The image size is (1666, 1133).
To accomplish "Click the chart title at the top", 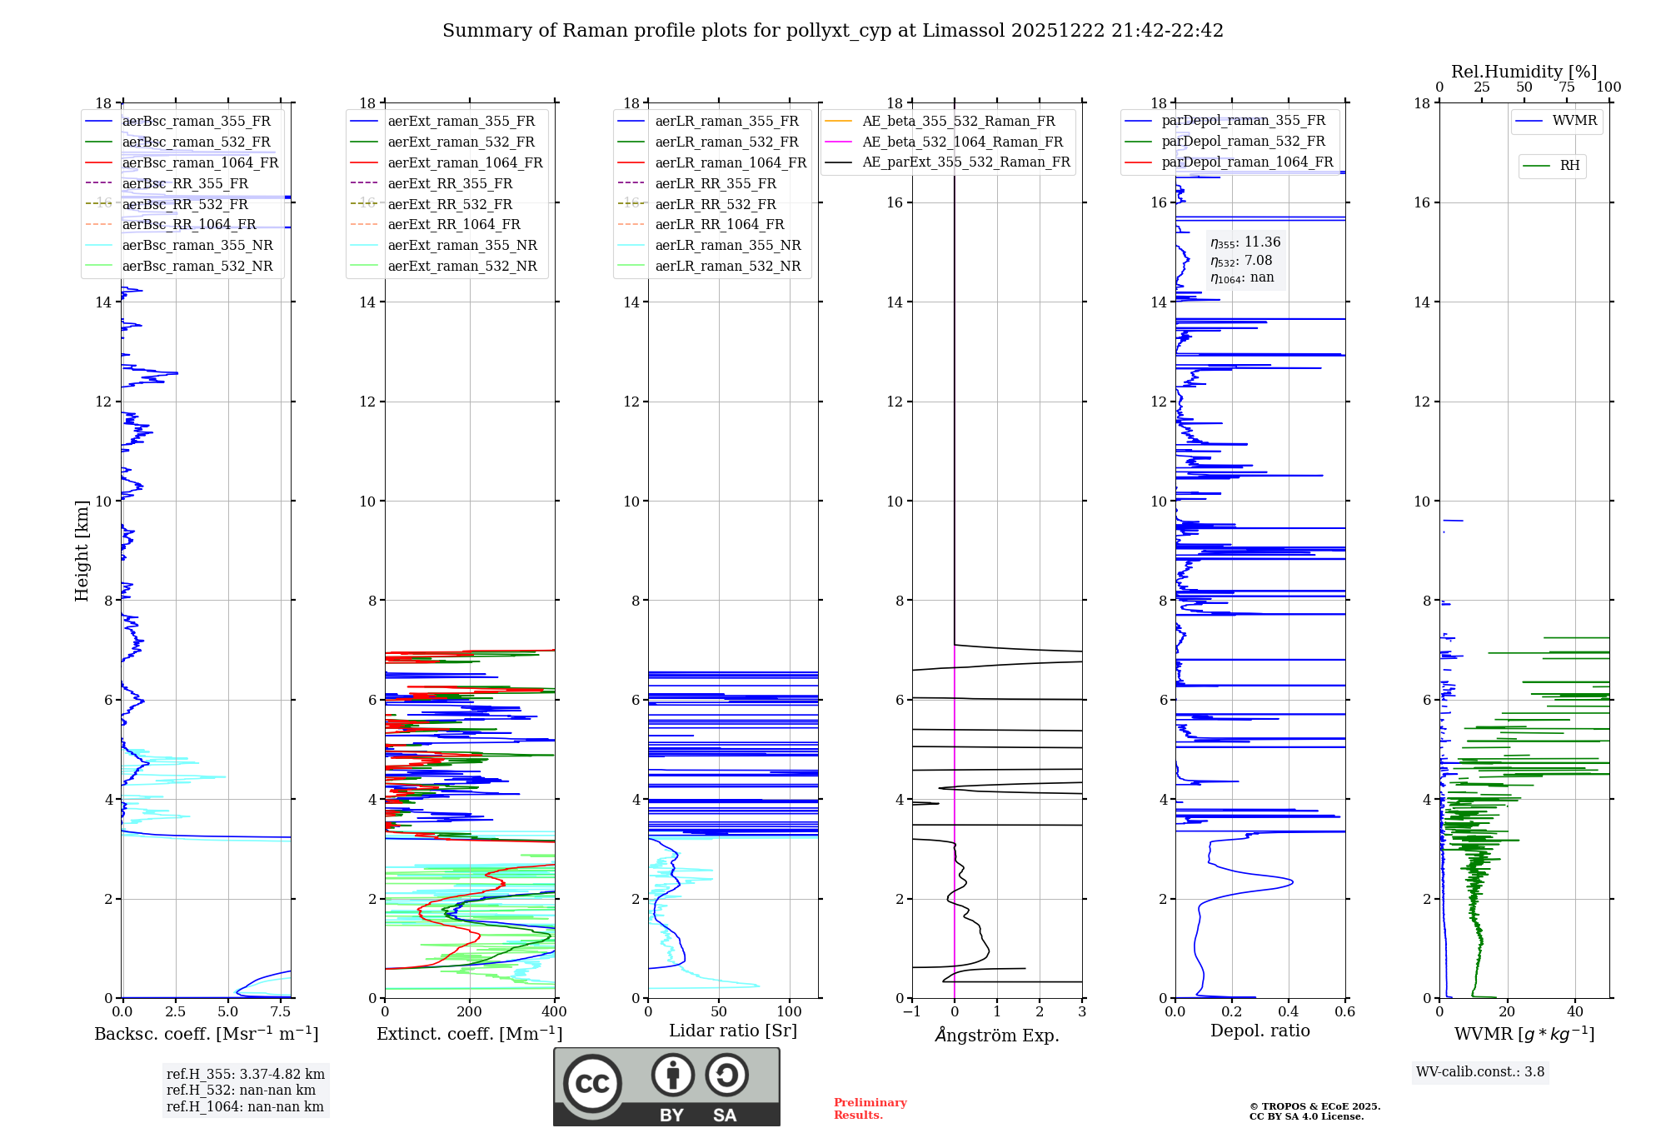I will pyautogui.click(x=833, y=31).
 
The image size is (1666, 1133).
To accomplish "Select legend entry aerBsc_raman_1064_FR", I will pyautogui.click(x=200, y=162).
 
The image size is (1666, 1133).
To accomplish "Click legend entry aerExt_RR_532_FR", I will pyautogui.click(x=450, y=204).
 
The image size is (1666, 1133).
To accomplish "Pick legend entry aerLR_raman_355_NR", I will pyautogui.click(x=727, y=245).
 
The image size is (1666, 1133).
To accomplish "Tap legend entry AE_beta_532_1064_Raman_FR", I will pyautogui.click(x=962, y=142).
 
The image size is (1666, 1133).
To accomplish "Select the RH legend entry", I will pyautogui.click(x=1569, y=166).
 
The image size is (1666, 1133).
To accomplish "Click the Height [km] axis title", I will pyautogui.click(x=82, y=551).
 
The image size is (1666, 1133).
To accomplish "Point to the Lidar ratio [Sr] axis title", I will pyautogui.click(x=733, y=1031).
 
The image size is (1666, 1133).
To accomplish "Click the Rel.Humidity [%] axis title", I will pyautogui.click(x=1524, y=72).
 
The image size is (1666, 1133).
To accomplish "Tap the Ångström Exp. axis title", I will pyautogui.click(x=997, y=1035).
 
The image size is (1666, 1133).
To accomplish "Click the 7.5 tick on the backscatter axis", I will pyautogui.click(x=281, y=1011).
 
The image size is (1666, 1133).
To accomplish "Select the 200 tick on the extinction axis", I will pyautogui.click(x=470, y=1011).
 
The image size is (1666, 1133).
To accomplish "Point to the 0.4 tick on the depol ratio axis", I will pyautogui.click(x=1289, y=1011).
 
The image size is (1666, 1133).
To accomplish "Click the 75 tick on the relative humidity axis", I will pyautogui.click(x=1566, y=87).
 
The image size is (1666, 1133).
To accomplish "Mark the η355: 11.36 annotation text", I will pyautogui.click(x=1245, y=242).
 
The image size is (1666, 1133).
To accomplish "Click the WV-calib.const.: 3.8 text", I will pyautogui.click(x=1480, y=1072).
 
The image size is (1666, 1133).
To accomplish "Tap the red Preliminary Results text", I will pyautogui.click(x=870, y=1109).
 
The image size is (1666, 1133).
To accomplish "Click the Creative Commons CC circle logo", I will pyautogui.click(x=592, y=1084).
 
